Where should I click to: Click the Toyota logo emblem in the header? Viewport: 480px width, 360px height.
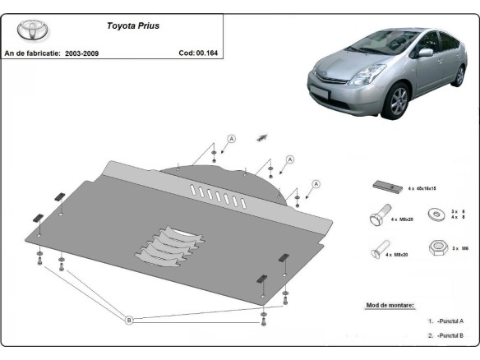pos(30,31)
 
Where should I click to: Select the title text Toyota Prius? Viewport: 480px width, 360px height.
pos(134,25)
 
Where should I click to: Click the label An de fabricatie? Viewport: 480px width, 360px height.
pos(32,53)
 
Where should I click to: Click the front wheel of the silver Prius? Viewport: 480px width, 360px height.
pos(399,101)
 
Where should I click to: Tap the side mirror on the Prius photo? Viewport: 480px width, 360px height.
pos(426,53)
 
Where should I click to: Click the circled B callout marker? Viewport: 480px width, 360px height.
pos(129,319)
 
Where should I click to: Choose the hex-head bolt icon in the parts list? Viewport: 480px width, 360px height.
pos(378,219)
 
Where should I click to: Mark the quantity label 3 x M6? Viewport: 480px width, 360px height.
pos(459,247)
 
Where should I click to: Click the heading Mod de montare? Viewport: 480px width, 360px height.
pos(390,305)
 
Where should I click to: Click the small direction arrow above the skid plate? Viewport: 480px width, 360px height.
pos(263,136)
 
